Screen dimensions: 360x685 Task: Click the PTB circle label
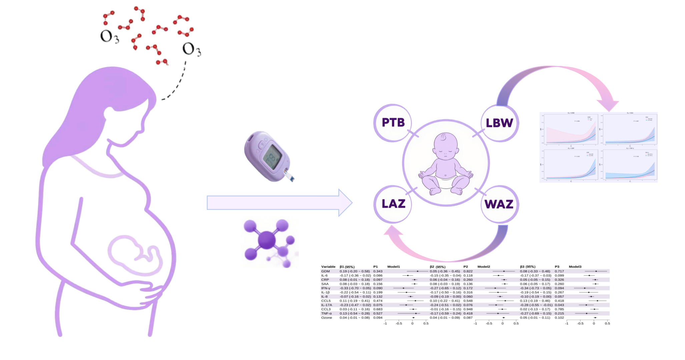pyautogui.click(x=393, y=123)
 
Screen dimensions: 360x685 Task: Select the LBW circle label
pyautogui.click(x=499, y=123)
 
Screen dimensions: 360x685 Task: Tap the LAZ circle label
pyautogui.click(x=393, y=204)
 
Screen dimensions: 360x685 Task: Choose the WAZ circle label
pyautogui.click(x=499, y=204)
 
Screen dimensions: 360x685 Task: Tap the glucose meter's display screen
pyautogui.click(x=272, y=156)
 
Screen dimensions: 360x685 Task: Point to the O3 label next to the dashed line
pyautogui.click(x=191, y=50)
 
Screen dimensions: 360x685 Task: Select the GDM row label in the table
pyautogui.click(x=325, y=271)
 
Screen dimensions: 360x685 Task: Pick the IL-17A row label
pyautogui.click(x=326, y=305)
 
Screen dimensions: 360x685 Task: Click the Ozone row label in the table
pyautogui.click(x=326, y=318)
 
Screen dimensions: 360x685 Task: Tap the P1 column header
pyautogui.click(x=376, y=267)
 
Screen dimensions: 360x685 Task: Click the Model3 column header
pyautogui.click(x=575, y=267)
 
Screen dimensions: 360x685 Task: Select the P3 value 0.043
pyautogui.click(x=559, y=305)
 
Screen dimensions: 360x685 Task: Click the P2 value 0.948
pyautogui.click(x=468, y=309)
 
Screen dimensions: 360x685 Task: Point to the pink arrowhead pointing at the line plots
pyautogui.click(x=608, y=105)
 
